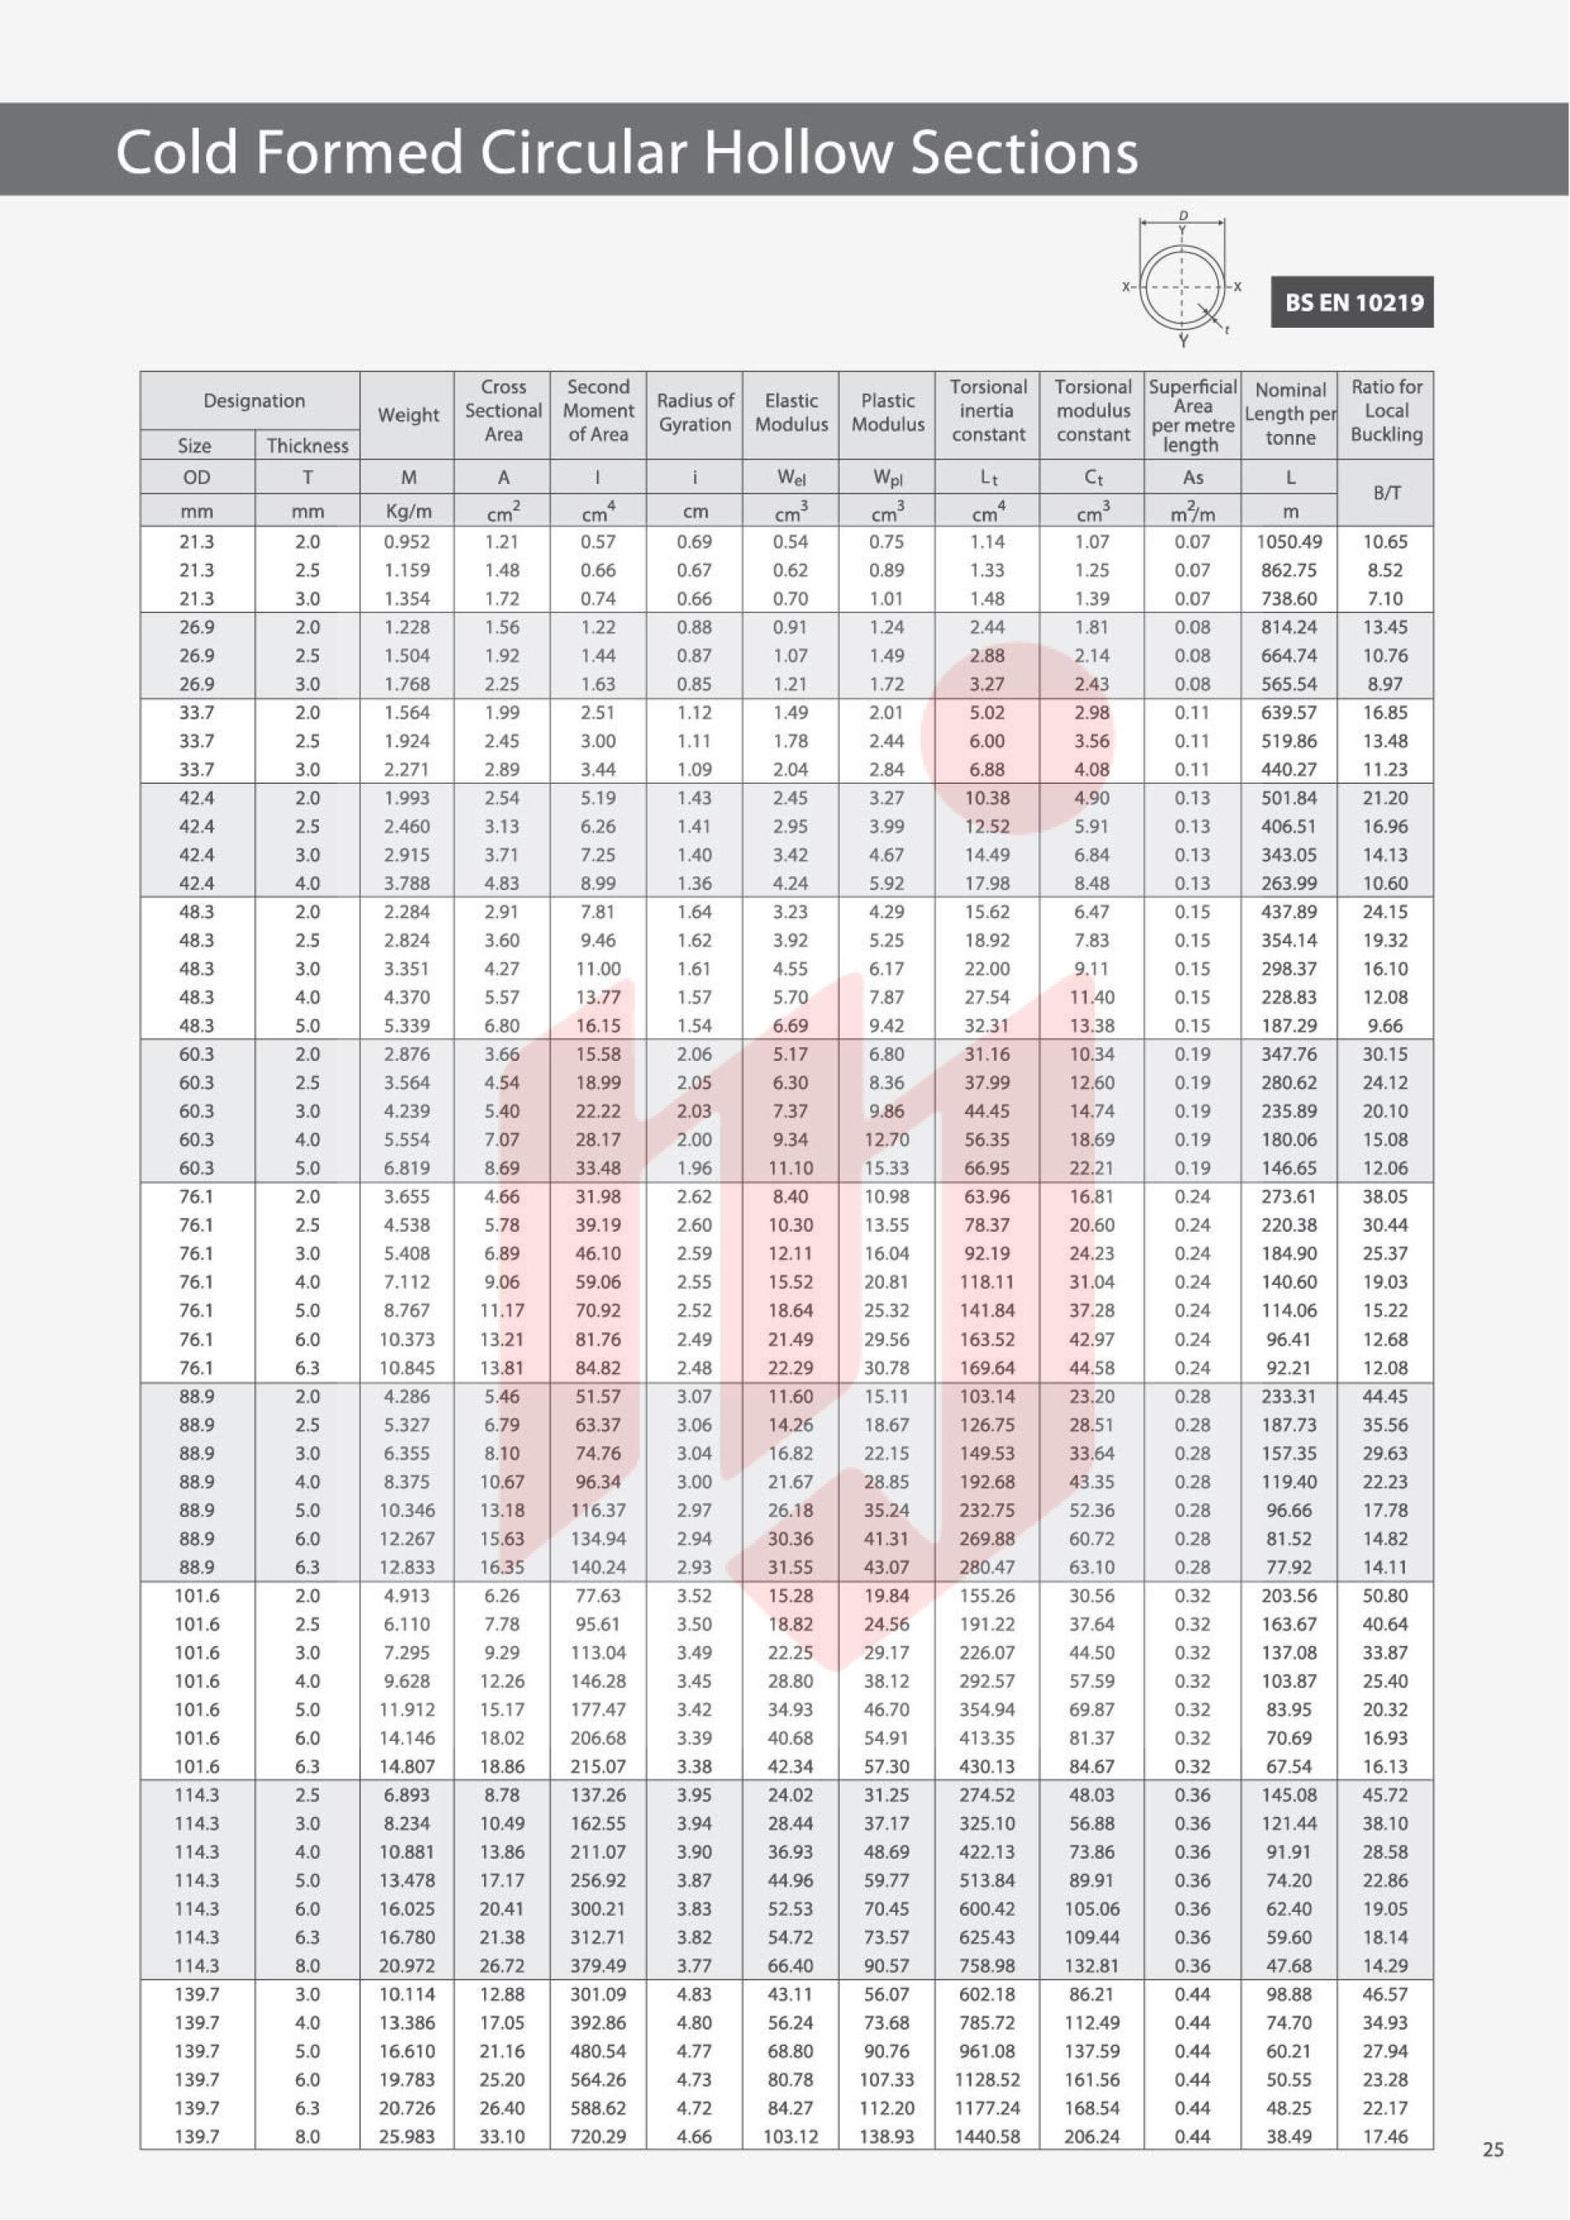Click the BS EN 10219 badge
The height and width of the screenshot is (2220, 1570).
pos(1352,302)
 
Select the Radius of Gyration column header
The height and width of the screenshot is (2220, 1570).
pos(694,412)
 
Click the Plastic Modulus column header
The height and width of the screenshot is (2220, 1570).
pos(887,412)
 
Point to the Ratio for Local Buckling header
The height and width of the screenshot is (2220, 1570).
pos(1385,411)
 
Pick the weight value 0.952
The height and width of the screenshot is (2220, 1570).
pos(407,541)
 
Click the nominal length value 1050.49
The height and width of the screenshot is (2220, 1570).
pos(1289,541)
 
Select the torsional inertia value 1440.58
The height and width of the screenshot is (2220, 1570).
pos(987,2136)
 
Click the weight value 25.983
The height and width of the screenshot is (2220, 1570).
pos(407,2136)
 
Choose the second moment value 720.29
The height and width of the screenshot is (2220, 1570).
pos(598,2136)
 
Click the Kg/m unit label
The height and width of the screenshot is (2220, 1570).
pos(407,512)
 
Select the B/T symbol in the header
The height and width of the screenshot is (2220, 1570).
pos(1385,493)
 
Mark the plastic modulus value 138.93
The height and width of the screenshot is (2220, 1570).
pos(887,2136)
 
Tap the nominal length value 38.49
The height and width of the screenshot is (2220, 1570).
pos(1289,2136)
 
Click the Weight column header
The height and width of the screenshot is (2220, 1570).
pos(407,414)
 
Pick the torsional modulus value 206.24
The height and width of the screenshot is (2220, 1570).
pos(1091,2136)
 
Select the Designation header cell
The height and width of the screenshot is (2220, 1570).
pos(253,401)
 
